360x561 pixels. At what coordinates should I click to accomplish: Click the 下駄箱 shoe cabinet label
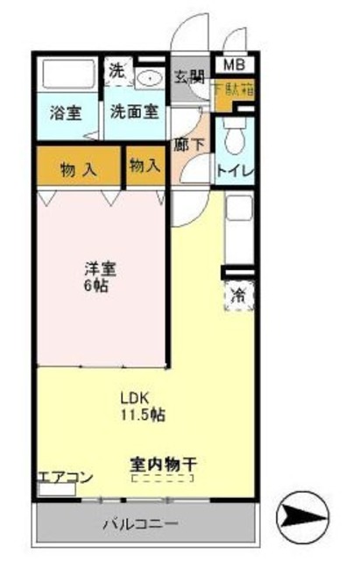[232, 89]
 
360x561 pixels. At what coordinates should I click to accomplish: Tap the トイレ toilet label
[236, 169]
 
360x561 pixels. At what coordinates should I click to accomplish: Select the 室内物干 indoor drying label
[161, 464]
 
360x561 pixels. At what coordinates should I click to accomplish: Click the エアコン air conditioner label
[66, 478]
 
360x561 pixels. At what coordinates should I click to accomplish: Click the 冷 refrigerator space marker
[237, 297]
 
